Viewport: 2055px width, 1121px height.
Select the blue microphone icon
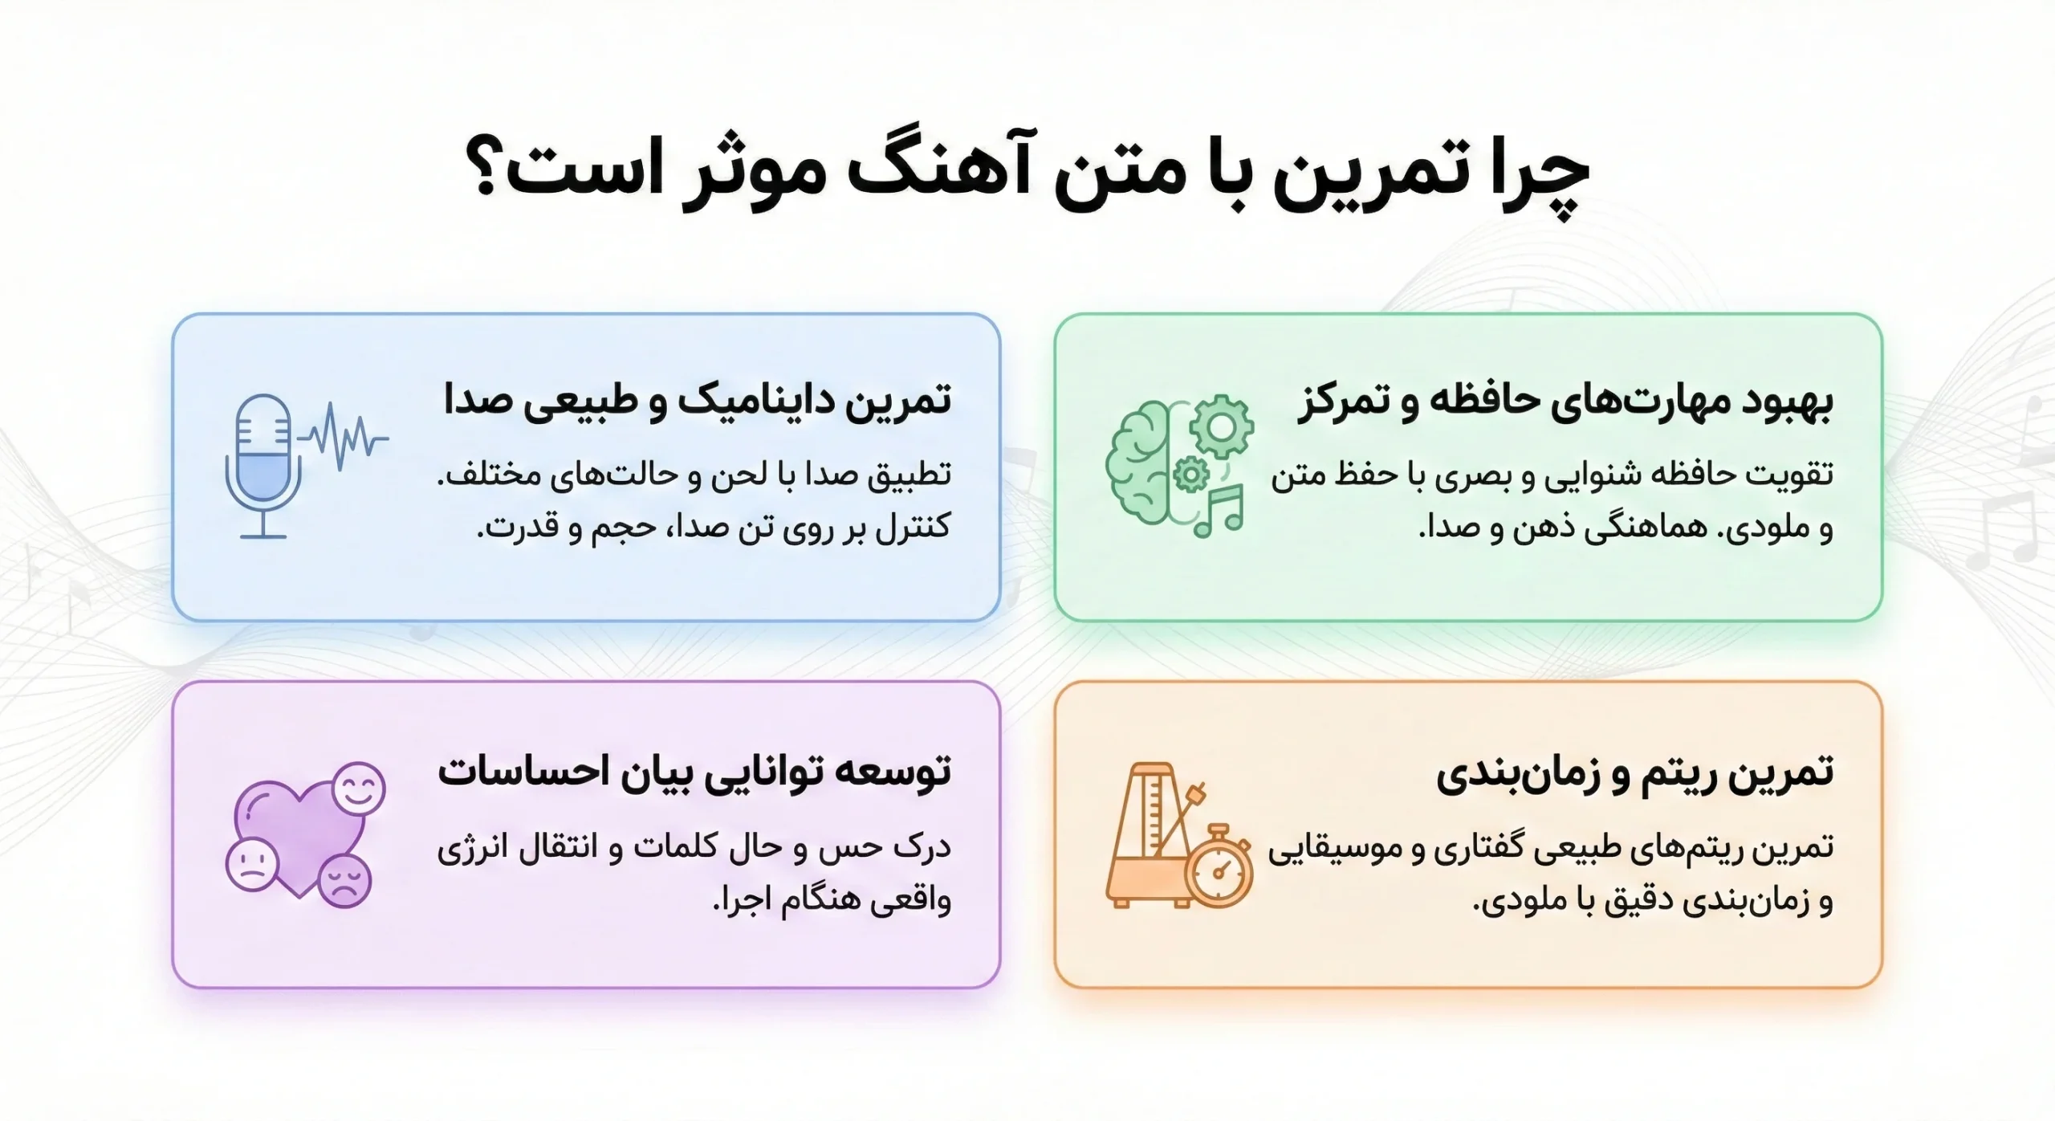[x=263, y=466]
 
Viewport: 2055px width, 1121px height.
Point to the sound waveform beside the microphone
[x=344, y=437]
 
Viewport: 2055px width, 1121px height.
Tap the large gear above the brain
[x=1221, y=426]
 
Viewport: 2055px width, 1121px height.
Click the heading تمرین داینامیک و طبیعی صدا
[x=697, y=400]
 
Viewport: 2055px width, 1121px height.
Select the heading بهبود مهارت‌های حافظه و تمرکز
[x=1565, y=402]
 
